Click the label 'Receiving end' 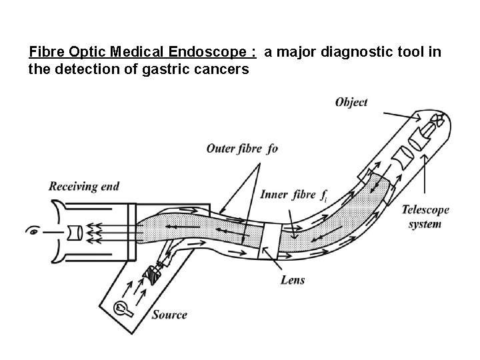83,186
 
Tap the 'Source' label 169,315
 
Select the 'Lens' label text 293,280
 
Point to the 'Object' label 351,102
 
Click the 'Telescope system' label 425,217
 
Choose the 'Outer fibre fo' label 242,148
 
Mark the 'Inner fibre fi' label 294,195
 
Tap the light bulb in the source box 123,308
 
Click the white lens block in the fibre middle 269,239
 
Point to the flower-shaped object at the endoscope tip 437,121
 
